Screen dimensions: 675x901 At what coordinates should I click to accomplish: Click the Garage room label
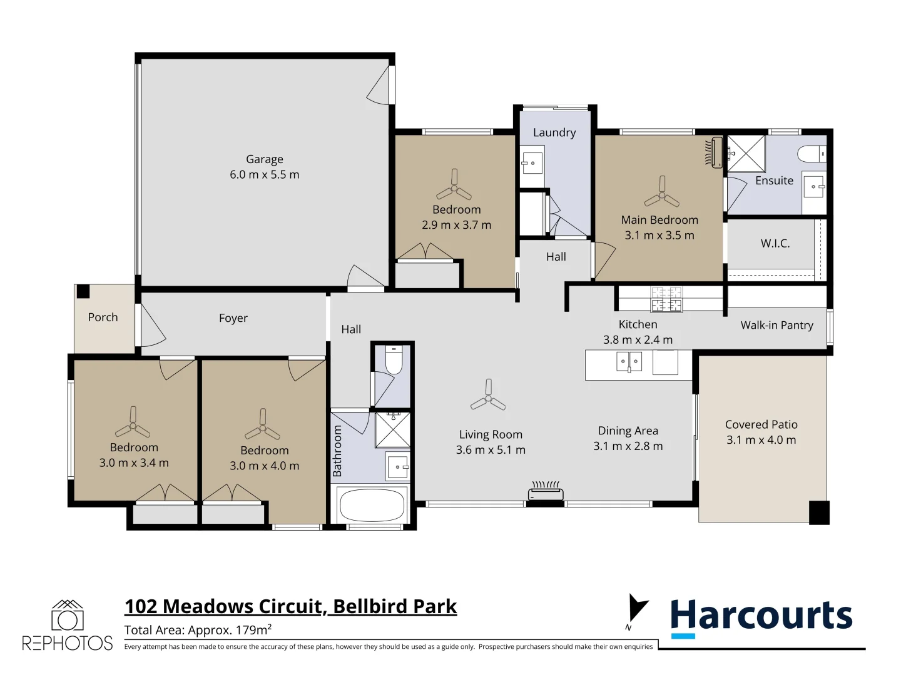[264, 159]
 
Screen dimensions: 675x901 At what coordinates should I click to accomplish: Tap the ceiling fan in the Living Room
[488, 396]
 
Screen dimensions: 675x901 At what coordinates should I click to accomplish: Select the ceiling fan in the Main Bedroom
[661, 193]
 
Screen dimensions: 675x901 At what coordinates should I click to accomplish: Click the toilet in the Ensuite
[812, 153]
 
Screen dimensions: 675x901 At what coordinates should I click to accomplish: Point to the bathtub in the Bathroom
[371, 504]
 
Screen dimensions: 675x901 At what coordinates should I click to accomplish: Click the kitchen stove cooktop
[666, 299]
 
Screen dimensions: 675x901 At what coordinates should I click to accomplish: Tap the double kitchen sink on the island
[629, 362]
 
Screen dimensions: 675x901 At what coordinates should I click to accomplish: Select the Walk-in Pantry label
[776, 325]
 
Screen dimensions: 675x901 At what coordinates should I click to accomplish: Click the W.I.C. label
[775, 244]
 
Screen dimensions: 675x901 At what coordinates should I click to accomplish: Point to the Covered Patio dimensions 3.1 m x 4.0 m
[761, 440]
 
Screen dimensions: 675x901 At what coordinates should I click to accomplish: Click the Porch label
[103, 317]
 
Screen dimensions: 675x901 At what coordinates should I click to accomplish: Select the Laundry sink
[532, 163]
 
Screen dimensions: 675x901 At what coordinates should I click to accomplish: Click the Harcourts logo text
[761, 616]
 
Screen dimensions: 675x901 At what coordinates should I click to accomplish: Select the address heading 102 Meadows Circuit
[290, 606]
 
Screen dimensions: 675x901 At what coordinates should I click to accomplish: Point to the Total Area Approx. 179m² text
[198, 630]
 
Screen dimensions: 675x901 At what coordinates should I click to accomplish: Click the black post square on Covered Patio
[818, 512]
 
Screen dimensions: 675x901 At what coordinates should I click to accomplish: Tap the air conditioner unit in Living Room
[546, 492]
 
